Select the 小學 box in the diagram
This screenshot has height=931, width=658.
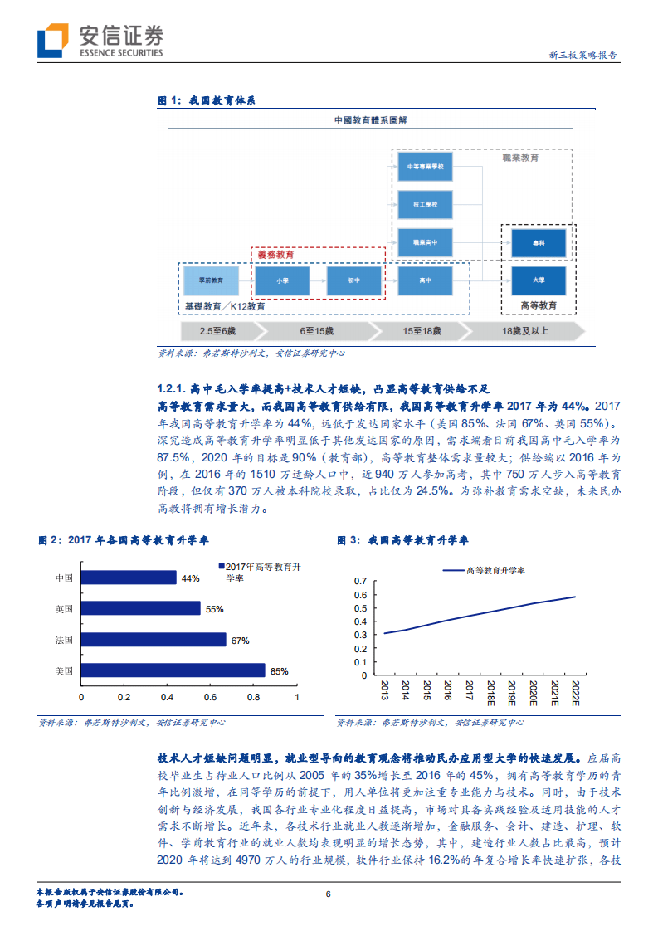pyautogui.click(x=283, y=281)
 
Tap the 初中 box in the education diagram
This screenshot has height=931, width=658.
pyautogui.click(x=354, y=281)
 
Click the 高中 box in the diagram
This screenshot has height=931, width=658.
pyautogui.click(x=426, y=281)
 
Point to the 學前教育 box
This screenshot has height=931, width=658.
pyautogui.click(x=211, y=281)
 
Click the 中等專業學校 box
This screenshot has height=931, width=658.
pyautogui.click(x=426, y=167)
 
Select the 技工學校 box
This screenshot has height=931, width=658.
pyautogui.click(x=426, y=204)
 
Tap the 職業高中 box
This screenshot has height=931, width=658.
pyautogui.click(x=426, y=242)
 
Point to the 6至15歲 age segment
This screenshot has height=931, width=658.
pyautogui.click(x=319, y=330)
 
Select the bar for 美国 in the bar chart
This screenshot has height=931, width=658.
pyautogui.click(x=173, y=670)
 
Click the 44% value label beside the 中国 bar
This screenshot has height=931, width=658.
pyautogui.click(x=191, y=578)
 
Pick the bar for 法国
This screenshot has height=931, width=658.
pyautogui.click(x=154, y=639)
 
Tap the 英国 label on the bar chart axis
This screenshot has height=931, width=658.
pyautogui.click(x=64, y=608)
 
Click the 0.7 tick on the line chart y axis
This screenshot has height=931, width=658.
pyautogui.click(x=359, y=581)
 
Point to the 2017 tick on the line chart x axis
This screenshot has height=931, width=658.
pyautogui.click(x=470, y=691)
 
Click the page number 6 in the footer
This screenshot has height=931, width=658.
pyautogui.click(x=329, y=894)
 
